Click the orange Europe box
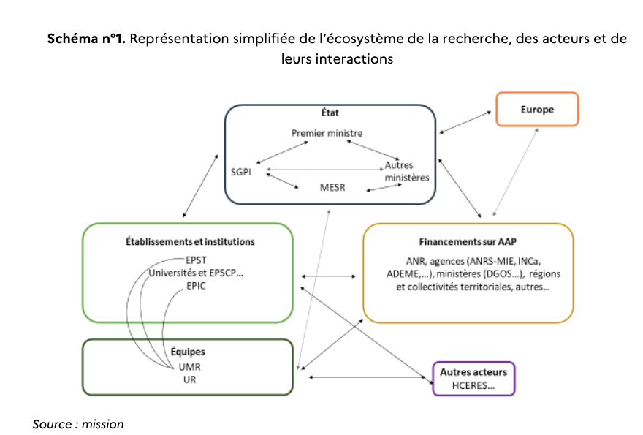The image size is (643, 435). click(x=537, y=110)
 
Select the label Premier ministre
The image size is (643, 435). click(x=327, y=133)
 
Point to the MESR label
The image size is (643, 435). click(x=334, y=187)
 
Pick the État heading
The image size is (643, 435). click(x=330, y=113)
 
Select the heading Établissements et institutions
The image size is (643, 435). click(x=188, y=242)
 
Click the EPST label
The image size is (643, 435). click(x=196, y=260)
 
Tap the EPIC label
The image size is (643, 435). click(x=196, y=286)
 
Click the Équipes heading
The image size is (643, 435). click(x=188, y=352)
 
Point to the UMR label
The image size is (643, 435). click(x=189, y=366)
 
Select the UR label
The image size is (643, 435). click(x=189, y=380)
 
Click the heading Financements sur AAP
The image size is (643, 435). click(x=468, y=241)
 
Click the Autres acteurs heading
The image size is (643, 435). click(x=473, y=372)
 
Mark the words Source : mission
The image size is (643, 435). click(x=78, y=424)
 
